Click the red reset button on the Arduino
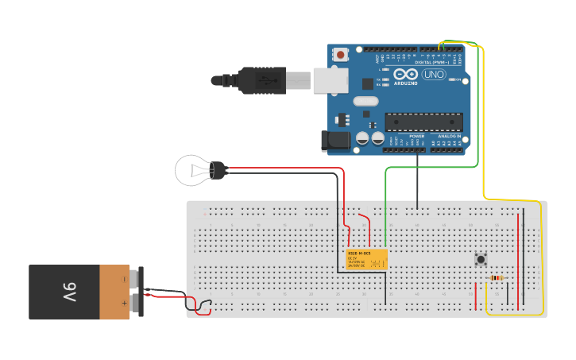click(x=341, y=55)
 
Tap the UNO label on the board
click(x=434, y=75)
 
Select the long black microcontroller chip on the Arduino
click(x=423, y=122)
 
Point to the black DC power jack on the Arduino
click(x=335, y=141)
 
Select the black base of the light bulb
click(x=218, y=168)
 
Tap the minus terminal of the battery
click(x=124, y=280)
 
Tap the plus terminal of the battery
click(x=124, y=303)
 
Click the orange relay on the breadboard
click(x=366, y=259)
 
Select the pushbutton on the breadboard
click(x=481, y=259)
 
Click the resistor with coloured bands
click(x=497, y=277)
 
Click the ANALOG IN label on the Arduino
click(x=449, y=136)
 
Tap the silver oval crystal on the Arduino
click(x=365, y=101)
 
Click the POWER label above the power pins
click(x=416, y=136)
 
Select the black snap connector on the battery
click(x=141, y=291)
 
